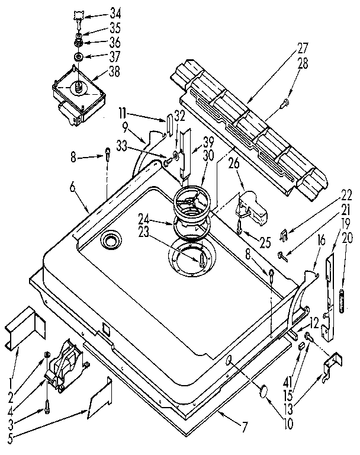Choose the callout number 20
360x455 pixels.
coord(349,237)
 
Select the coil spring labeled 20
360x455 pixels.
coord(342,296)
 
